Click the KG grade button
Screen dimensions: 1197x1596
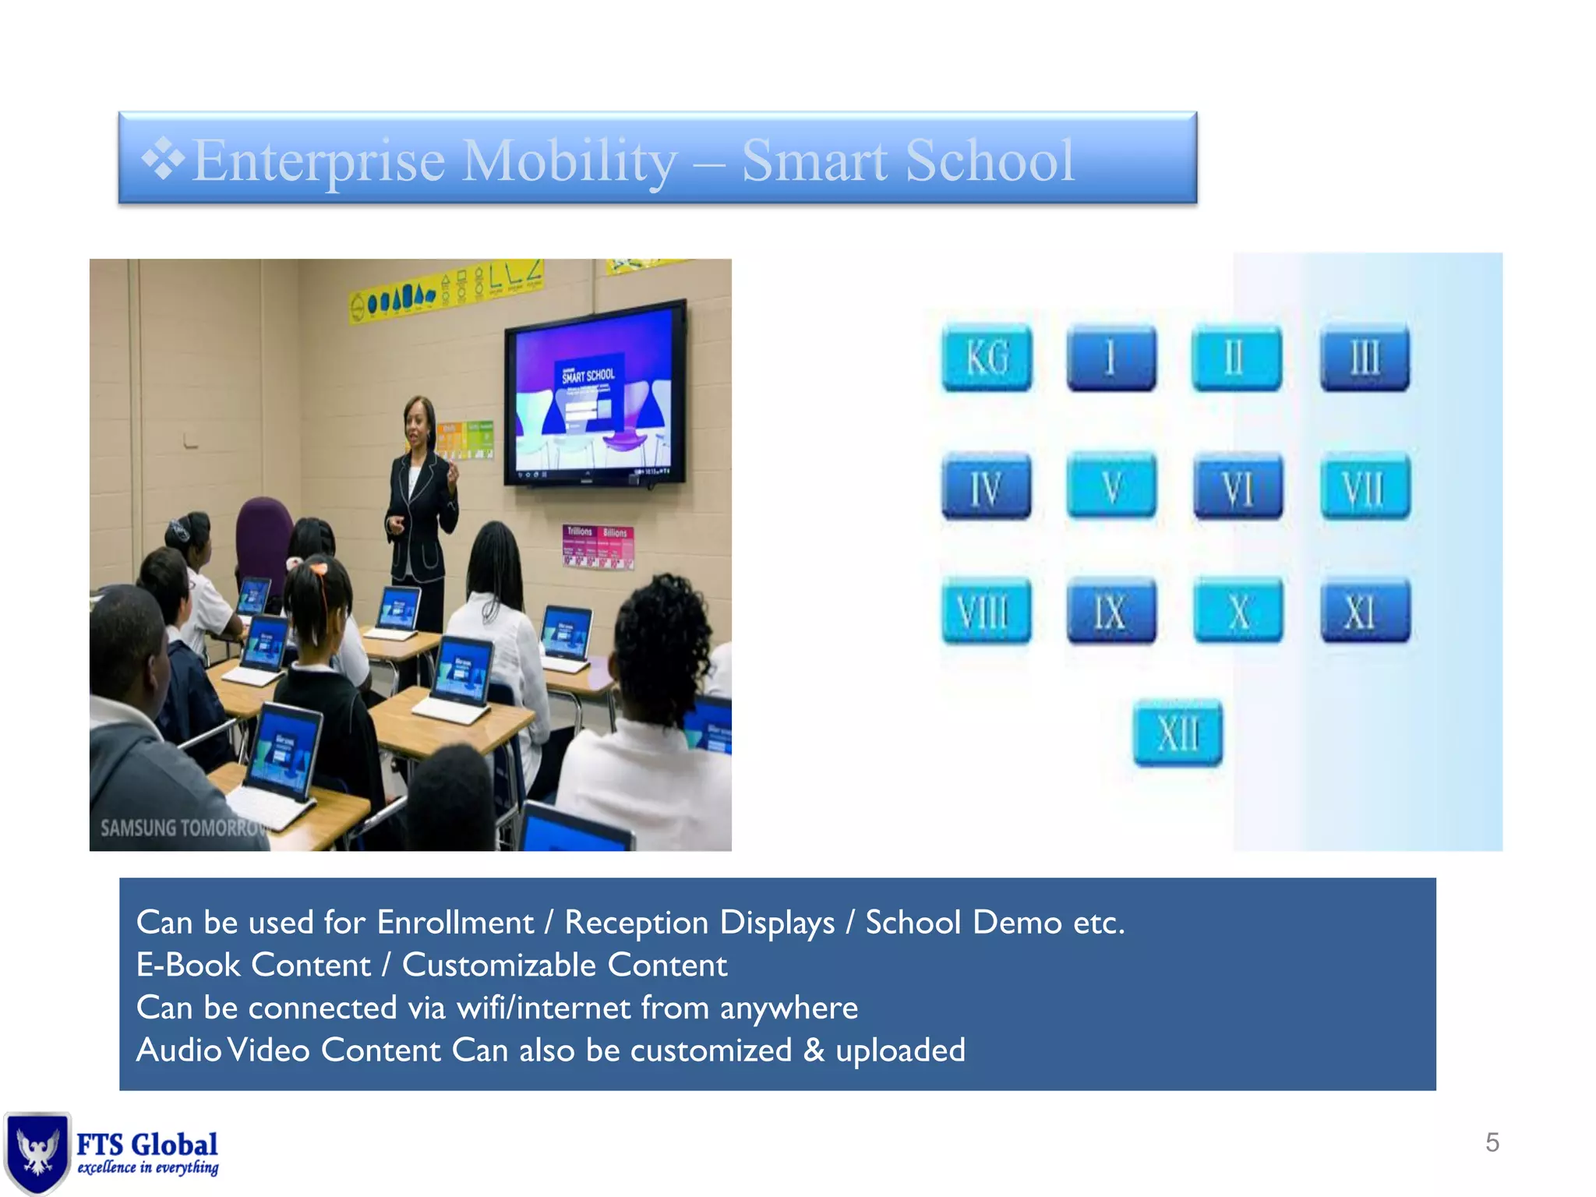coord(987,358)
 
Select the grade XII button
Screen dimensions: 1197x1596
coord(1178,733)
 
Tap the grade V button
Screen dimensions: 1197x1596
coord(1111,486)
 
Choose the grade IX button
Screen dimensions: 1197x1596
coord(1110,611)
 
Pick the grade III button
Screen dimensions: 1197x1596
coord(1365,358)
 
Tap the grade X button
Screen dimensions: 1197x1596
coord(1238,611)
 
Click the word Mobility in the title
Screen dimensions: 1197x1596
coord(570,161)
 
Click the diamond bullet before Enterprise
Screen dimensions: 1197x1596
coord(163,160)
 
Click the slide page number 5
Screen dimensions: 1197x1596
coord(1492,1142)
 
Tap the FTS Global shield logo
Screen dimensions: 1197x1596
coord(36,1152)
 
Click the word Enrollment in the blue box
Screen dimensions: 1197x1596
coord(455,923)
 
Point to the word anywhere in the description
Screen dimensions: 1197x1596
coord(788,1008)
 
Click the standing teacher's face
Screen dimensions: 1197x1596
coord(419,422)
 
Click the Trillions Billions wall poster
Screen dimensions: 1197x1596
coord(598,546)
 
